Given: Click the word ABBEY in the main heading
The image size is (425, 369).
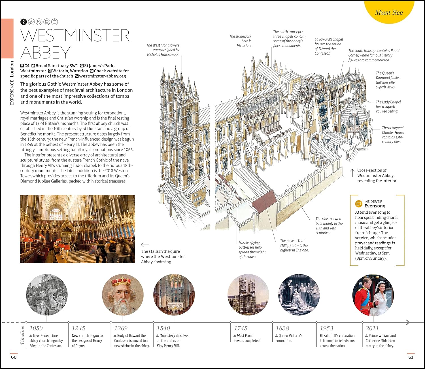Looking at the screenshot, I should tap(45, 53).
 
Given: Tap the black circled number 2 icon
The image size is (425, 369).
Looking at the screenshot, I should tap(24, 22).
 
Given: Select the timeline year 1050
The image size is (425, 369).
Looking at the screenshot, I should tap(36, 328).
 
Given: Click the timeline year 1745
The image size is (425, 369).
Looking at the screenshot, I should tap(241, 328).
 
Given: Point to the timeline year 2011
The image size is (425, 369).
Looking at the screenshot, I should tap(372, 328).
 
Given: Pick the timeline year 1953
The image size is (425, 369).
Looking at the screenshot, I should tap(326, 328).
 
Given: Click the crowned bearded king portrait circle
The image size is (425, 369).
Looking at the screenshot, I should tap(123, 295).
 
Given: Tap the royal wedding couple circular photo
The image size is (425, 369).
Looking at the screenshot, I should tap(373, 295).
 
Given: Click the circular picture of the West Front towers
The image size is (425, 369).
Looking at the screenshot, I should tap(248, 295).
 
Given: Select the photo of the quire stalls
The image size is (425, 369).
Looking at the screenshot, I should tap(78, 229).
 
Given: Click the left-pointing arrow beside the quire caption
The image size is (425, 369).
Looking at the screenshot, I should tap(145, 245).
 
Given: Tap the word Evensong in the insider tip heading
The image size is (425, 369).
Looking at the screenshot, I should tap(375, 206).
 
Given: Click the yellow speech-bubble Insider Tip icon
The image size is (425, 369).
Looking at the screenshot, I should tap(359, 204).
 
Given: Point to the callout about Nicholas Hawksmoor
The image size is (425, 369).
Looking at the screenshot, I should tap(163, 50).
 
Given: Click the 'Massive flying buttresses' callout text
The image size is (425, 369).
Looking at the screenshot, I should tap(252, 250).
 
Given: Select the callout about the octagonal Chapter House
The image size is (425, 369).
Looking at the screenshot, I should tap(393, 135).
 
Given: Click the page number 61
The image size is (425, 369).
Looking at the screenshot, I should tap(411, 357).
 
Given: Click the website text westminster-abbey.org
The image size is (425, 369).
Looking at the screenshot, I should tap(102, 76).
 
